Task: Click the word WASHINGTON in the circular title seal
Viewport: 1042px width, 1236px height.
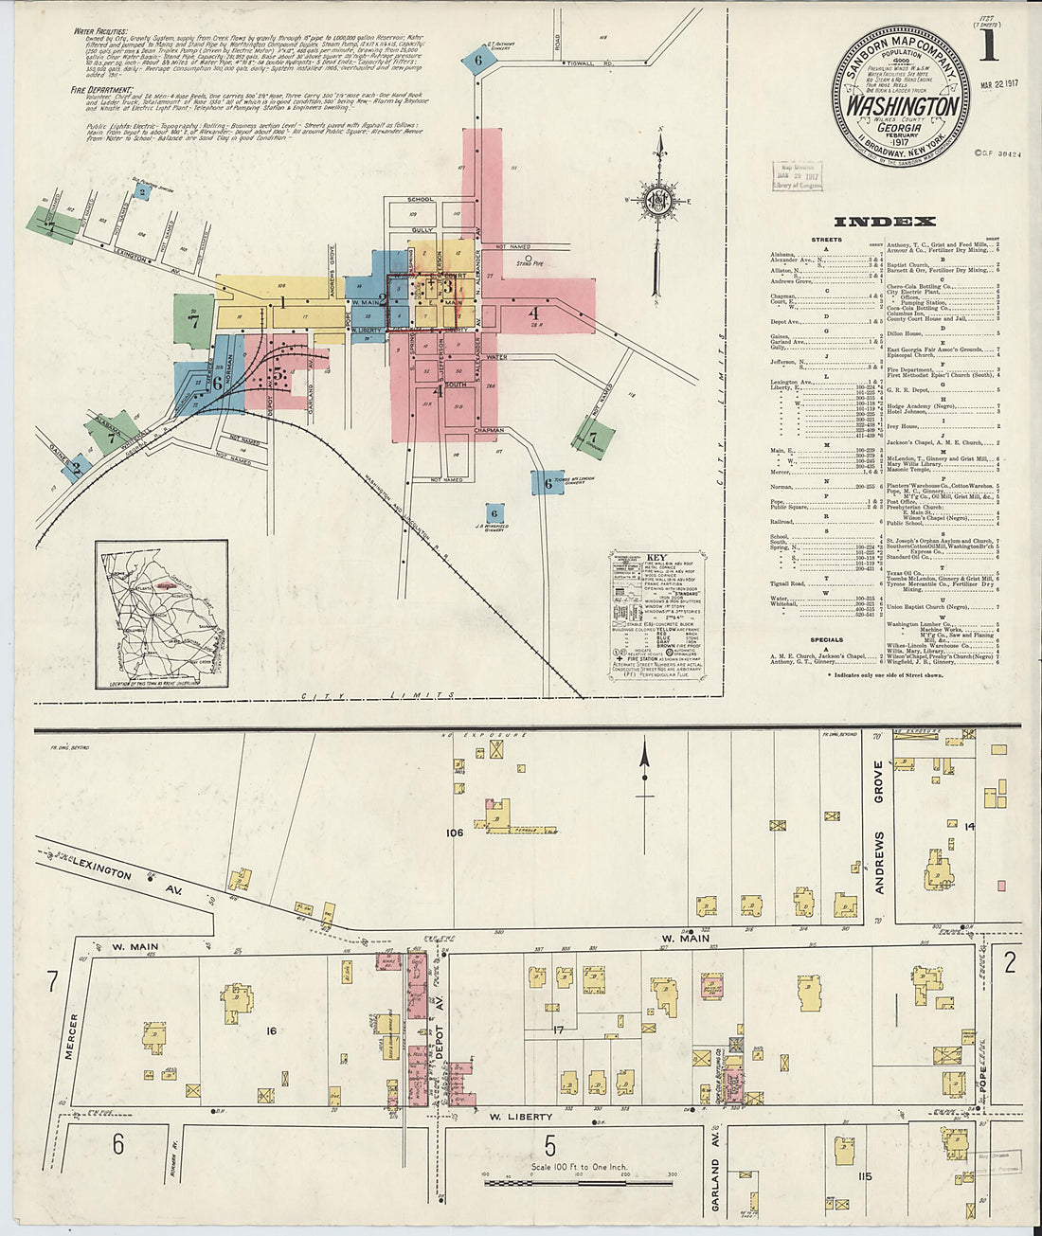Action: click(902, 105)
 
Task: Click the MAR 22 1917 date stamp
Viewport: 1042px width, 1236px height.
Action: click(989, 96)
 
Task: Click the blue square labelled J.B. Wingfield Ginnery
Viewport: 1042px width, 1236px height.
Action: click(493, 512)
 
